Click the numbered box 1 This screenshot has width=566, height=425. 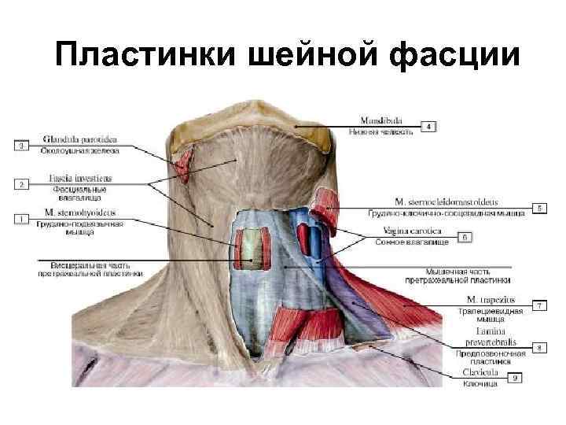(x=22, y=217)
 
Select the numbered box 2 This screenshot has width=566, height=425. (x=22, y=184)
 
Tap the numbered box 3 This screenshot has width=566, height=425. (x=22, y=146)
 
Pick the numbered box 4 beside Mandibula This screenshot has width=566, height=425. (x=428, y=126)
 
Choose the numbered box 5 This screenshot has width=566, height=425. (x=540, y=208)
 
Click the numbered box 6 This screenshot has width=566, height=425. (x=465, y=236)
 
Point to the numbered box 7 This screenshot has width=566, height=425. (x=539, y=304)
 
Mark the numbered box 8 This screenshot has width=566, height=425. (x=539, y=346)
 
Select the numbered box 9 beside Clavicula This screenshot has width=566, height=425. (x=516, y=378)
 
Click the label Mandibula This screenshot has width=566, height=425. (x=380, y=120)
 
